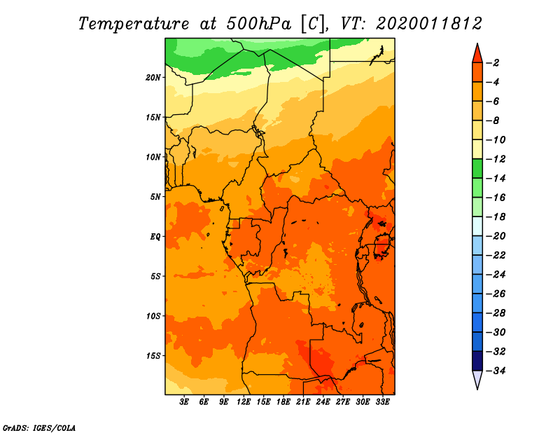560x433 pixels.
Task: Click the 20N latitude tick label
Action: pyautogui.click(x=153, y=78)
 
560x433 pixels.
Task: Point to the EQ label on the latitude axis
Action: pyautogui.click(x=155, y=237)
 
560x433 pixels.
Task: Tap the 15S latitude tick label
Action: pyautogui.click(x=153, y=356)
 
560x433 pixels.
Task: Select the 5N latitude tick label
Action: pyautogui.click(x=155, y=197)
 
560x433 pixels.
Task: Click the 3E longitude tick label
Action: pyautogui.click(x=184, y=401)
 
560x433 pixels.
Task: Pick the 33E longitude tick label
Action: pyautogui.click(x=382, y=401)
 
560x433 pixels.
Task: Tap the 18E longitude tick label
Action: pyautogui.click(x=283, y=401)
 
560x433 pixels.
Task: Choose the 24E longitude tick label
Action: pyautogui.click(x=323, y=401)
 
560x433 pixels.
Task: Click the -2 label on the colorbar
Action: pyautogui.click(x=493, y=63)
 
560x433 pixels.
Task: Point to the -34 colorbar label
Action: pyautogui.click(x=496, y=371)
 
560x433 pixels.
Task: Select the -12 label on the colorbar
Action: pyautogui.click(x=496, y=159)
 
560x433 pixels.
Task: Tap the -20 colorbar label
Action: pyautogui.click(x=496, y=236)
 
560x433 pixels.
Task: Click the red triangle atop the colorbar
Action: pyautogui.click(x=477, y=55)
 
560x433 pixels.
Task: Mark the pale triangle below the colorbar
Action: pyautogui.click(x=477, y=379)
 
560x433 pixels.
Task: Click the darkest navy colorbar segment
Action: pyautogui.click(x=477, y=361)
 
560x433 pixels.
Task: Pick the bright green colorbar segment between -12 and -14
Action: pyautogui.click(x=477, y=169)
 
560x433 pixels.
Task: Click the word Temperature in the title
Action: pyautogui.click(x=134, y=24)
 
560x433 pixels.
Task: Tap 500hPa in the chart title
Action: pyautogui.click(x=258, y=24)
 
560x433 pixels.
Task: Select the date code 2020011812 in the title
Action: pyautogui.click(x=428, y=24)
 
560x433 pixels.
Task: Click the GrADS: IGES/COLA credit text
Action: pyautogui.click(x=39, y=427)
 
